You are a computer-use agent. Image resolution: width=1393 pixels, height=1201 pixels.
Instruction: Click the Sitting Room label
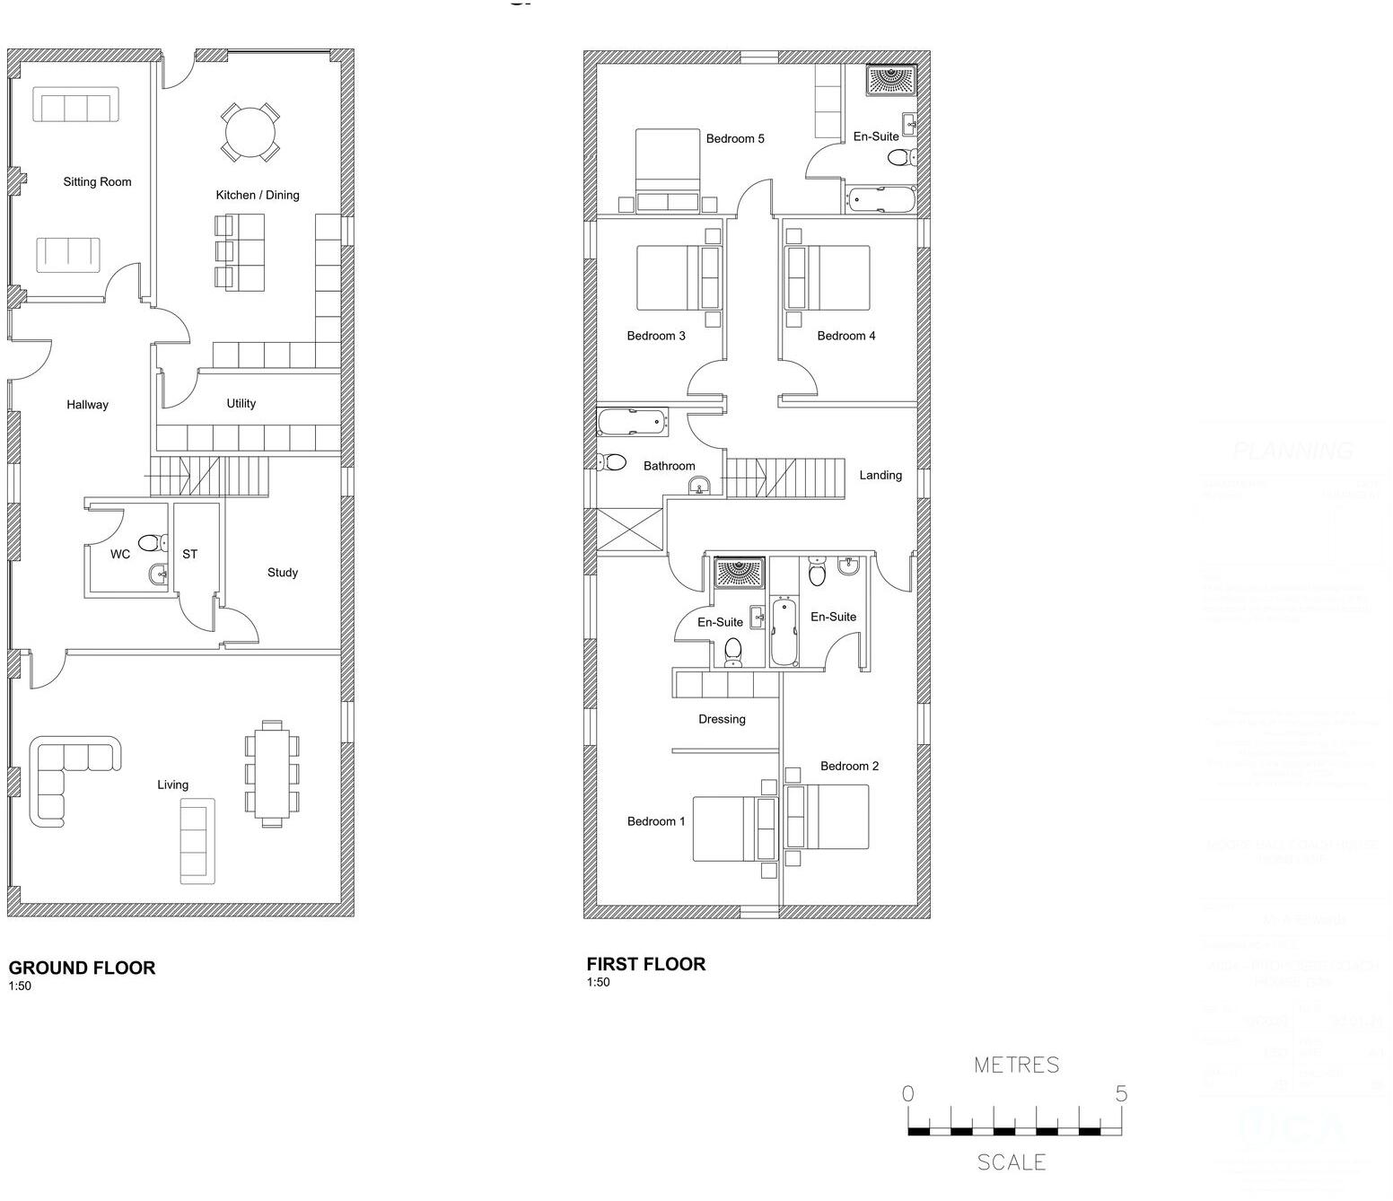(x=97, y=182)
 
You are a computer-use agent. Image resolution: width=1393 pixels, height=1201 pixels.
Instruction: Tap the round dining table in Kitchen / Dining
(x=250, y=133)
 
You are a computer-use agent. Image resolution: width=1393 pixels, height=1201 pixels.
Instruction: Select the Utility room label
(x=241, y=404)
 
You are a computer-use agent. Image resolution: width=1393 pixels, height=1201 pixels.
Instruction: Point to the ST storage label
(x=189, y=555)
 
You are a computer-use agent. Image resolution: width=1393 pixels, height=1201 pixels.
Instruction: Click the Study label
(x=282, y=573)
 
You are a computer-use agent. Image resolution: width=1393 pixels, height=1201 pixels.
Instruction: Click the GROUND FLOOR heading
(x=82, y=968)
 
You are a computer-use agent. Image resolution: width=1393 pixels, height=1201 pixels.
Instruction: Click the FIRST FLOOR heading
(x=645, y=964)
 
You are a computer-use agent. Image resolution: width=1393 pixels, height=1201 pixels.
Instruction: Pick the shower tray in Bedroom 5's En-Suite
(x=890, y=80)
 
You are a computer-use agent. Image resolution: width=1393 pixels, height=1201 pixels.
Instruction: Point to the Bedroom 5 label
(x=734, y=139)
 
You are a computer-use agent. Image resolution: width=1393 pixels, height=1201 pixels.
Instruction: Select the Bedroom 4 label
(x=845, y=337)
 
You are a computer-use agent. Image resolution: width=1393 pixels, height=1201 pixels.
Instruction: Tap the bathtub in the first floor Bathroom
(x=633, y=422)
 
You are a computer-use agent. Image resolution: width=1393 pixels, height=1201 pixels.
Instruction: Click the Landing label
(x=880, y=476)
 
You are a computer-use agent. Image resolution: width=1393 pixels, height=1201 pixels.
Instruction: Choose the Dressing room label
(x=722, y=719)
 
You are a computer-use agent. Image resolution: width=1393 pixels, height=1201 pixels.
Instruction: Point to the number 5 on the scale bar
(x=1120, y=1093)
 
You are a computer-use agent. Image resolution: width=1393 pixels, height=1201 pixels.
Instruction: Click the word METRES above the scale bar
(x=1016, y=1065)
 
